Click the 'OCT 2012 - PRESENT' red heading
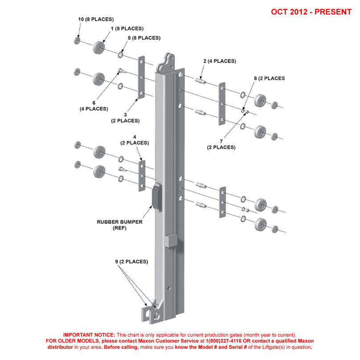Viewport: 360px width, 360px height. [311, 12]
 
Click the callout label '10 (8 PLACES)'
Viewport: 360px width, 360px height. [96, 20]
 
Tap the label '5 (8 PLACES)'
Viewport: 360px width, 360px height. [144, 38]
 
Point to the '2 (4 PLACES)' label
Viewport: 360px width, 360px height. [219, 61]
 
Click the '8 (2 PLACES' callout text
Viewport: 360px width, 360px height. [269, 78]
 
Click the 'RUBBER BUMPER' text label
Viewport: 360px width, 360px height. [119, 221]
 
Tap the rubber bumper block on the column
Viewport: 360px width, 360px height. [156, 197]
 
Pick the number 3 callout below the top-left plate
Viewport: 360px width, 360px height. [125, 114]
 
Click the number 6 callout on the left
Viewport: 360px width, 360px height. [94, 102]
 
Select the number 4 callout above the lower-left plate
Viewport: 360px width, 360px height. [134, 136]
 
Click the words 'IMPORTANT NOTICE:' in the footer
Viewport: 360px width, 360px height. [89, 335]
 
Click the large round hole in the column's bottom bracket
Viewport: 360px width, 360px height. [156, 315]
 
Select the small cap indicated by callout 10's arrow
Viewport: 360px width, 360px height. [77, 41]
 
